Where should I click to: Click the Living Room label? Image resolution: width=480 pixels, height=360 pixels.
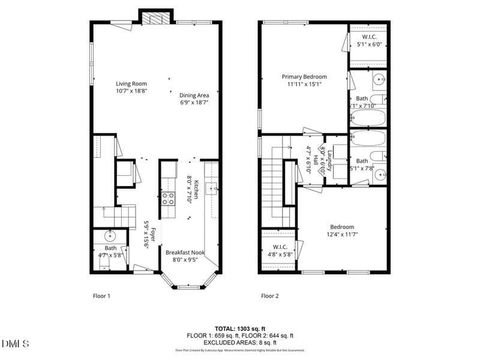point(131,84)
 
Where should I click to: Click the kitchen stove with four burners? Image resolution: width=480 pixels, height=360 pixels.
point(167,199)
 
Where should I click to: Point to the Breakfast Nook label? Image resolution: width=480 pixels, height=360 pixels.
point(185,253)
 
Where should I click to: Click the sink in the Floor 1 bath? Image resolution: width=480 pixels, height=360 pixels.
point(110,236)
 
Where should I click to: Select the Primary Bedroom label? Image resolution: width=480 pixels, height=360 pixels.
point(305,77)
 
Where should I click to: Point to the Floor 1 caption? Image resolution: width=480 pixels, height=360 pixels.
point(101,296)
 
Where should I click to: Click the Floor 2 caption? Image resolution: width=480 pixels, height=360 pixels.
point(269,296)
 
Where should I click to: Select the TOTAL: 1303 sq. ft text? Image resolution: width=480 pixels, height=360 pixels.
point(239,328)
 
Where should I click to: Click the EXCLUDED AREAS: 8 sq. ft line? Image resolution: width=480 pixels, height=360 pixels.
point(239,343)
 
